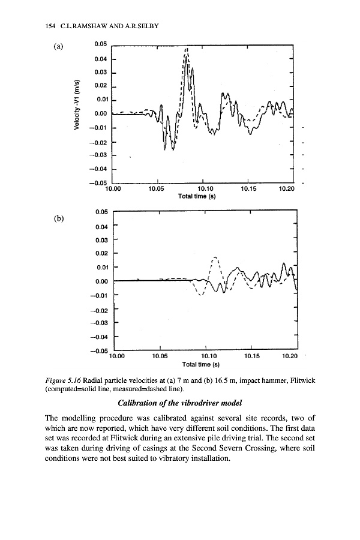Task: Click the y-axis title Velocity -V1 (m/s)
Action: pyautogui.click(x=76, y=105)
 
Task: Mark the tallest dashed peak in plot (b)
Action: pyautogui.click(x=216, y=258)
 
